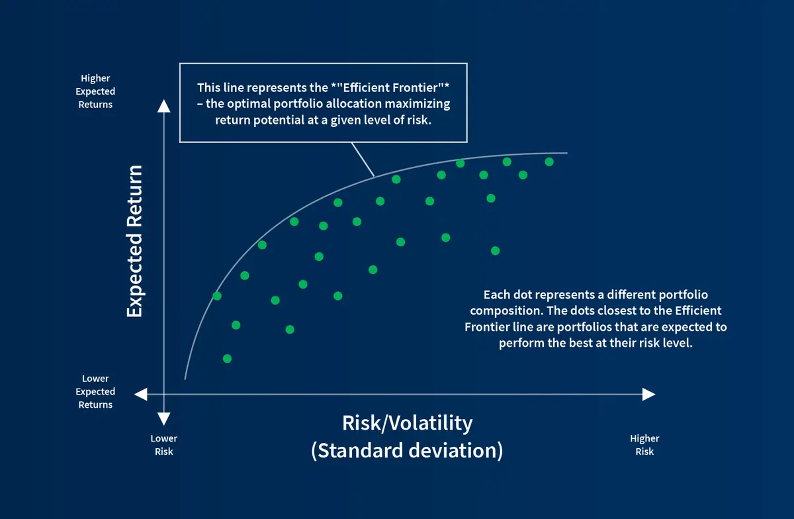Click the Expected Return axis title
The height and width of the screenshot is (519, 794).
134,241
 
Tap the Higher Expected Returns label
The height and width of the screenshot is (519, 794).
96,91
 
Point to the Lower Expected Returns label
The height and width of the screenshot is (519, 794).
96,391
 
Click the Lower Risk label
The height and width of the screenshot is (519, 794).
164,444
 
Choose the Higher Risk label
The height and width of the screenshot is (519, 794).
644,444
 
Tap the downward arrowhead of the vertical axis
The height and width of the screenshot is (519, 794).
164,418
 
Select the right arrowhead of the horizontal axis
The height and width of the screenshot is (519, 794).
648,395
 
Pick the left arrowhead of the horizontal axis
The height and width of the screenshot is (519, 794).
140,395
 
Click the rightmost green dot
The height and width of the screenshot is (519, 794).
549,162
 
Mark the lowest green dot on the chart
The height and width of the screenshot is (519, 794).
227,358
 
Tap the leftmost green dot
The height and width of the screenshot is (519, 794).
217,296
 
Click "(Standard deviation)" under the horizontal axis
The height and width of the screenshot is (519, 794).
407,451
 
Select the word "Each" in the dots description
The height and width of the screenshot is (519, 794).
496,295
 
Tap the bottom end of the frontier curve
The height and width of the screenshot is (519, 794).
185,378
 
